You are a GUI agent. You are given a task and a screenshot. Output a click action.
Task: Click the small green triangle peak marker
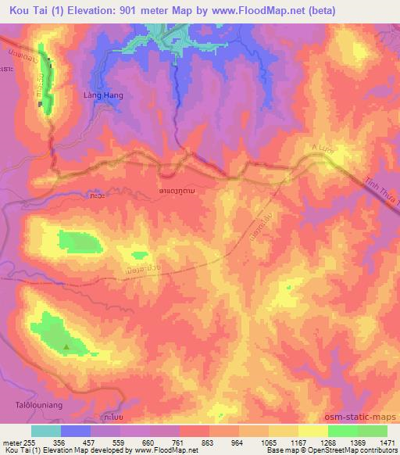click(x=66, y=346)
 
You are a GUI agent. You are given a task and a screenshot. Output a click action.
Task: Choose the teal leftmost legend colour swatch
click(x=45, y=431)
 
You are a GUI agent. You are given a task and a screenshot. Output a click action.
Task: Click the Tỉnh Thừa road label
click(x=380, y=192)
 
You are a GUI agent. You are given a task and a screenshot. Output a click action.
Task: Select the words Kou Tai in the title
click(x=23, y=9)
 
